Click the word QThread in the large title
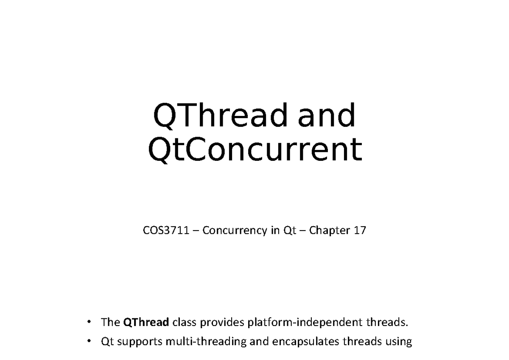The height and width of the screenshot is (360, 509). coord(221,116)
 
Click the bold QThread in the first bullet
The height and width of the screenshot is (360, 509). coord(146,323)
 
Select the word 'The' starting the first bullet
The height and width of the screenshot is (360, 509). coord(110,323)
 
